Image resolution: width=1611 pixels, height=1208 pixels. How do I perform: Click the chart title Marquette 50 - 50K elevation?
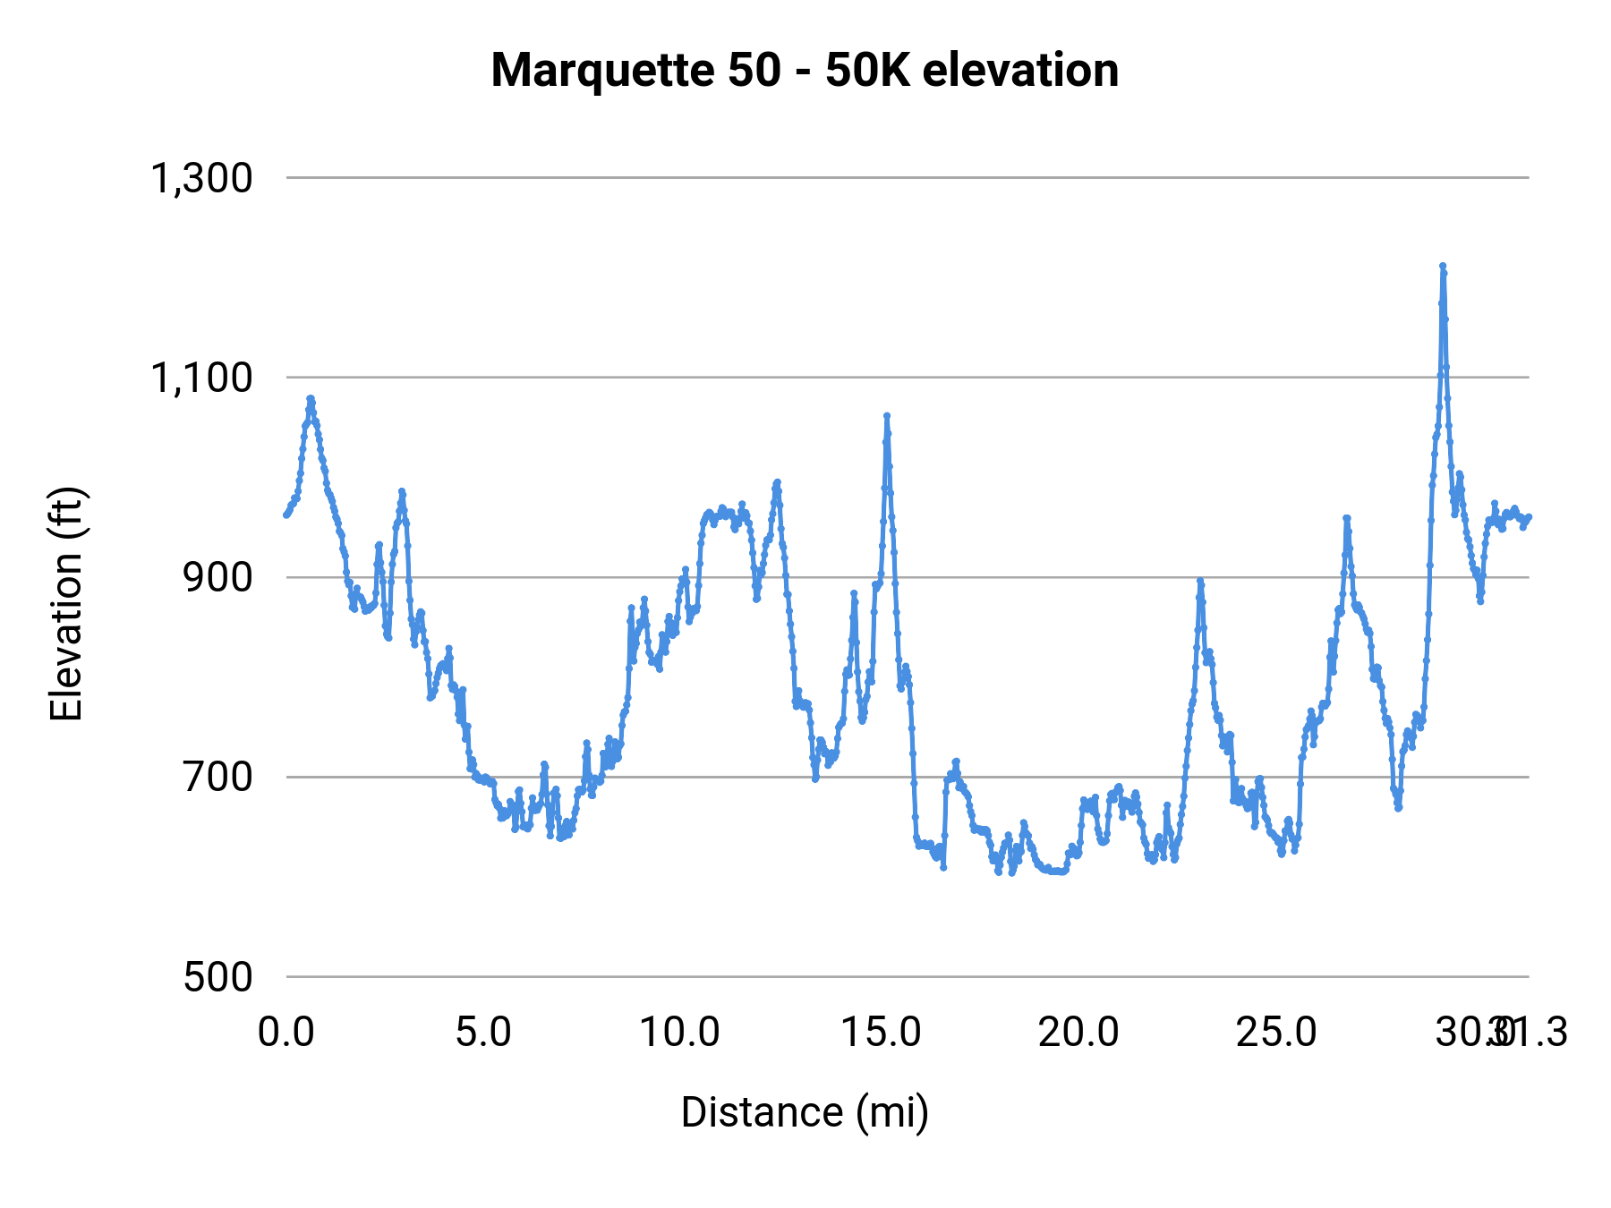click(805, 70)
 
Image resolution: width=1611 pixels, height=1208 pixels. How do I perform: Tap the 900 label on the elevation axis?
click(218, 577)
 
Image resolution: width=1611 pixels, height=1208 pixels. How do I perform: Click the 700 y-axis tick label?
click(218, 777)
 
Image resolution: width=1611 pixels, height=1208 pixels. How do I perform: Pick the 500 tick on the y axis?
click(218, 976)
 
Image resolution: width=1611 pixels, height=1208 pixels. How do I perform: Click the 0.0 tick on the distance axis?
click(286, 1033)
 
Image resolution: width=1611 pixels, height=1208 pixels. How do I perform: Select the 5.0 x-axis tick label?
click(483, 1033)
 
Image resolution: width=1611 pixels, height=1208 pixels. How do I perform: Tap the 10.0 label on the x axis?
click(680, 1033)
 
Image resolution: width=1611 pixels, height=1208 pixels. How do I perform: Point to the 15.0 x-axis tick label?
click(882, 1033)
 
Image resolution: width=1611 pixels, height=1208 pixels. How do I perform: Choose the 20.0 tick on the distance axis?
click(1078, 1033)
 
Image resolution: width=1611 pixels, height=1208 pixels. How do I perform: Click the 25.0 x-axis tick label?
click(1277, 1033)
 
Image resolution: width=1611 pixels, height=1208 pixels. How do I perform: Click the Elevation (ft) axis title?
click(66, 604)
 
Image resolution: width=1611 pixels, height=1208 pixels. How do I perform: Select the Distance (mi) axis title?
click(805, 1112)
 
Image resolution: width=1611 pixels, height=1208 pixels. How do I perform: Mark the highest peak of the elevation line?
click(1443, 266)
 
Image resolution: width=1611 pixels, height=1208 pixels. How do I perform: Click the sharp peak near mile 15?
click(887, 416)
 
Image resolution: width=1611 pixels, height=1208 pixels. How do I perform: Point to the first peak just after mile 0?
click(311, 398)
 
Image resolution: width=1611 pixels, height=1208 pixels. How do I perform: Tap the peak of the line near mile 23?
click(1200, 581)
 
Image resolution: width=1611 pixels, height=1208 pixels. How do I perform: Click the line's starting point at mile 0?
click(286, 515)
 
